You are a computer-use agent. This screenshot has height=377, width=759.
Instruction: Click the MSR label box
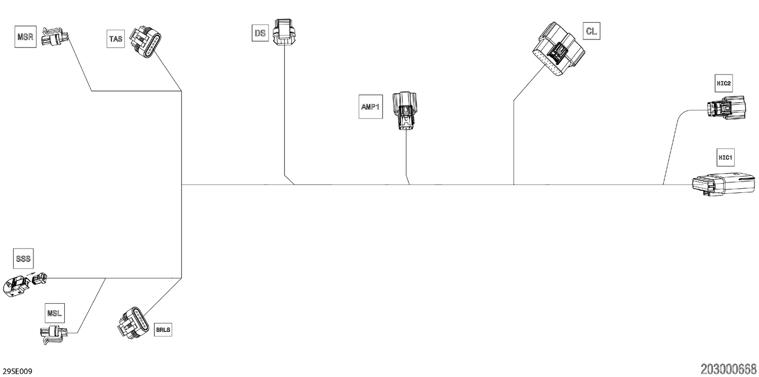[25, 36]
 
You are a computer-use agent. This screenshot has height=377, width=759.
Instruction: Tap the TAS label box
[115, 38]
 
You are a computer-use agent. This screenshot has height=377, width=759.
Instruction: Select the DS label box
[260, 33]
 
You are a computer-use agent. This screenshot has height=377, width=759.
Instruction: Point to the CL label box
[592, 31]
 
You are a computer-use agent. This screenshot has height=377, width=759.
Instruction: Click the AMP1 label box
[371, 107]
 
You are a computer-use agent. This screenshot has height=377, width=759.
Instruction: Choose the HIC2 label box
[724, 83]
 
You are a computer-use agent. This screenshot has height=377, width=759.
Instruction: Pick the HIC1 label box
[726, 157]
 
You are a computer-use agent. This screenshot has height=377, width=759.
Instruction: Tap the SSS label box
[23, 259]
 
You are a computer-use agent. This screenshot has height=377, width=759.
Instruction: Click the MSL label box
[55, 313]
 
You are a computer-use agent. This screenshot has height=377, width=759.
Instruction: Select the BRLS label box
[163, 329]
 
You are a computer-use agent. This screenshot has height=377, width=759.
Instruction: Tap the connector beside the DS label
[284, 32]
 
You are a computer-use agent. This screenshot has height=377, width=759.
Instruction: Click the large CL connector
[559, 49]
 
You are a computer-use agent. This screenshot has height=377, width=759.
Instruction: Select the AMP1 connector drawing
[405, 110]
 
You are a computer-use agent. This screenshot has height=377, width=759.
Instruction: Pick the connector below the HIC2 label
[726, 108]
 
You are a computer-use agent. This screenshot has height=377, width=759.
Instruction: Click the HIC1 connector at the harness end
[724, 184]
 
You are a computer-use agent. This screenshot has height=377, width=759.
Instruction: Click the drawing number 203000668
[729, 369]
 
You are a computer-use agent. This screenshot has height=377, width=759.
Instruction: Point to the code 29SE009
[17, 371]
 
